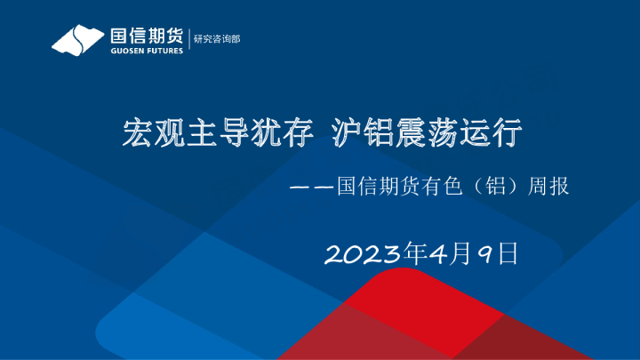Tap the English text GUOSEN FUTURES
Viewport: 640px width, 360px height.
pyautogui.click(x=147, y=51)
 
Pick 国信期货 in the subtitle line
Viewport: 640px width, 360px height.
pyautogui.click(x=376, y=188)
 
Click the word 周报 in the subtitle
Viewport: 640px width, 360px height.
pyautogui.click(x=547, y=188)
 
